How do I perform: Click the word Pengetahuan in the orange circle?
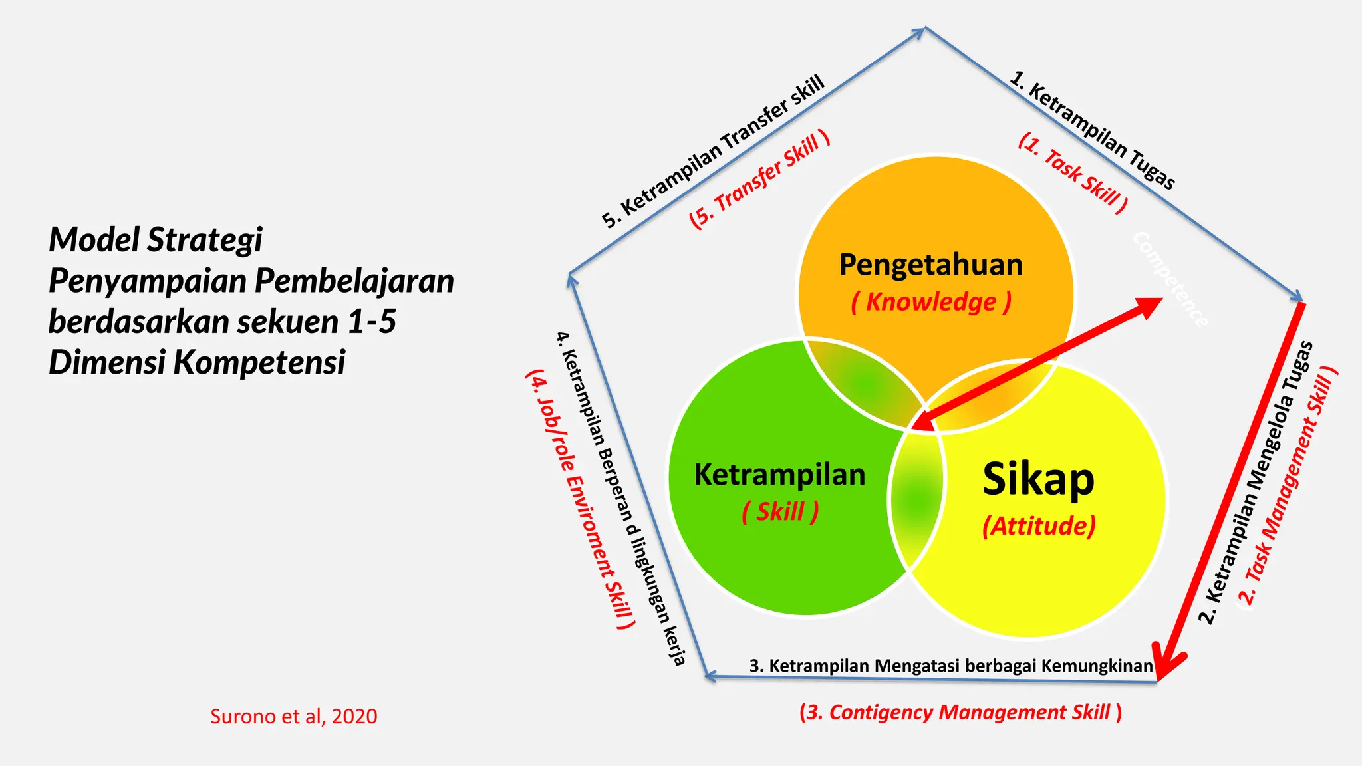tap(930, 265)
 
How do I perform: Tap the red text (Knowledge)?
tap(931, 302)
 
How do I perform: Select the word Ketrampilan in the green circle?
tap(779, 475)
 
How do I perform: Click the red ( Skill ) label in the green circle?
tap(780, 512)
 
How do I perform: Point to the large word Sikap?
tap(1038, 479)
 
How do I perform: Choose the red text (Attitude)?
tap(1039, 526)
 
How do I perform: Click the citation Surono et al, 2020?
tap(293, 716)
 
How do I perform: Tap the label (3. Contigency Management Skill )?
tap(960, 712)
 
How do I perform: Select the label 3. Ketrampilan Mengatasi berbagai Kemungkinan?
tap(950, 666)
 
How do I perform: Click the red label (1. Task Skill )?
tap(1073, 172)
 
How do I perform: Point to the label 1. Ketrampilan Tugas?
tap(1092, 130)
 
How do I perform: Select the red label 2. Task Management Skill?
tap(1288, 485)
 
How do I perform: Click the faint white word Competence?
tap(1170, 279)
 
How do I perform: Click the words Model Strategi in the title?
tap(156, 239)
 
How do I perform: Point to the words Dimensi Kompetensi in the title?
tap(197, 363)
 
